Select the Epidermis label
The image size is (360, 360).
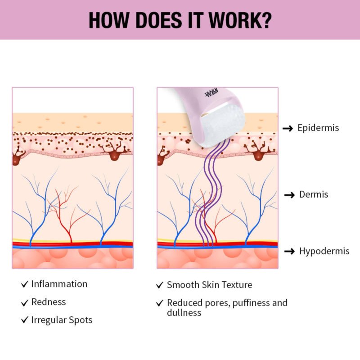point(318,128)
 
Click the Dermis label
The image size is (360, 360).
point(314,194)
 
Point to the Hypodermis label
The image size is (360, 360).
point(324,251)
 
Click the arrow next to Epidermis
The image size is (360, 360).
point(288,128)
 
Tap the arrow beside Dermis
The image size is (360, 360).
point(290,195)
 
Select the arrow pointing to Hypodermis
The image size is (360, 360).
point(290,251)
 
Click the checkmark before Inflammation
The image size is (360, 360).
point(24,284)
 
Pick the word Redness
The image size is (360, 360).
point(49,302)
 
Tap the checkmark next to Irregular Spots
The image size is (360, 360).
point(24,320)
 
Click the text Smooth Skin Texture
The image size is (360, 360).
point(209,285)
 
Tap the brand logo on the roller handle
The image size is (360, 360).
point(211,95)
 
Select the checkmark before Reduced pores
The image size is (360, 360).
point(160,303)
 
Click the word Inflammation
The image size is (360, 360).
point(59,284)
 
